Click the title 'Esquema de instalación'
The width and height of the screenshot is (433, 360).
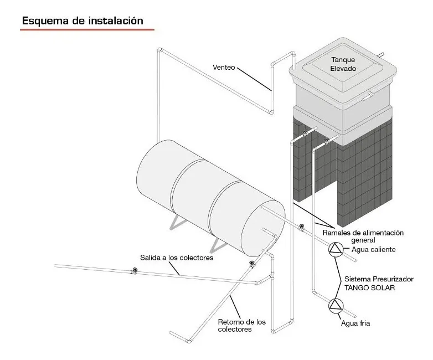[83, 20]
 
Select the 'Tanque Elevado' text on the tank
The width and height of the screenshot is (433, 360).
[343, 64]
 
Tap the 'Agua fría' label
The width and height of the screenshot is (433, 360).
[355, 323]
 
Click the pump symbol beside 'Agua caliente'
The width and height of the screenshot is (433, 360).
[335, 250]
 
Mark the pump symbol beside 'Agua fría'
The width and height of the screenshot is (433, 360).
[336, 304]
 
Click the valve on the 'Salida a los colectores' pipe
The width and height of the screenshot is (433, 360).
[133, 271]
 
